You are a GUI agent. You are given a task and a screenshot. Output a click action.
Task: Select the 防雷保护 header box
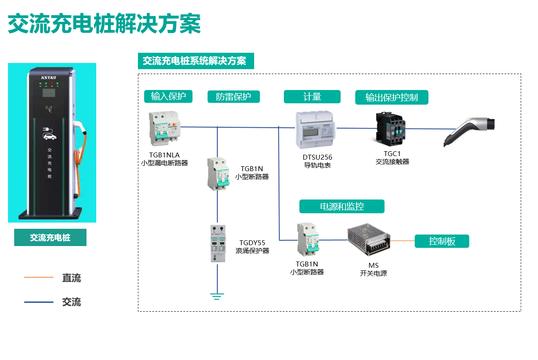[x=233, y=97]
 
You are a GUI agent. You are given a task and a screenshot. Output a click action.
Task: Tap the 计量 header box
[x=312, y=97]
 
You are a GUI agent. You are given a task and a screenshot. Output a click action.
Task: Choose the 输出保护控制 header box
[x=391, y=98]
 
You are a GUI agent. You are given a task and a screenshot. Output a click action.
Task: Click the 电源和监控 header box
[x=342, y=207]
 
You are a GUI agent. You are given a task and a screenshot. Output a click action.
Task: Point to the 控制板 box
[x=442, y=241]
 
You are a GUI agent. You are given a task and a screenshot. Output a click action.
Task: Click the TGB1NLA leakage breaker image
[x=164, y=129]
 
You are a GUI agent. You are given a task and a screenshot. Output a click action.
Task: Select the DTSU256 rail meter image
[x=316, y=130]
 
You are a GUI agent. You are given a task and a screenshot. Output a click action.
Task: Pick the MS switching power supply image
[x=369, y=240]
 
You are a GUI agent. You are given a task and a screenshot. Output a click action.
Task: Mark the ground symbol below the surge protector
[x=217, y=296]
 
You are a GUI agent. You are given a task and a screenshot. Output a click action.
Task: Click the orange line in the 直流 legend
[x=39, y=278]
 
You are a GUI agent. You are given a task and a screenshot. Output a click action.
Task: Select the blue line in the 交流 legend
[x=39, y=302]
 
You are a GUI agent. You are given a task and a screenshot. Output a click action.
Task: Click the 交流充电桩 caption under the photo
[x=50, y=238]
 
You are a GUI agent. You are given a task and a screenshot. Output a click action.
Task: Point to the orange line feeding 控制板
[x=403, y=241]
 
